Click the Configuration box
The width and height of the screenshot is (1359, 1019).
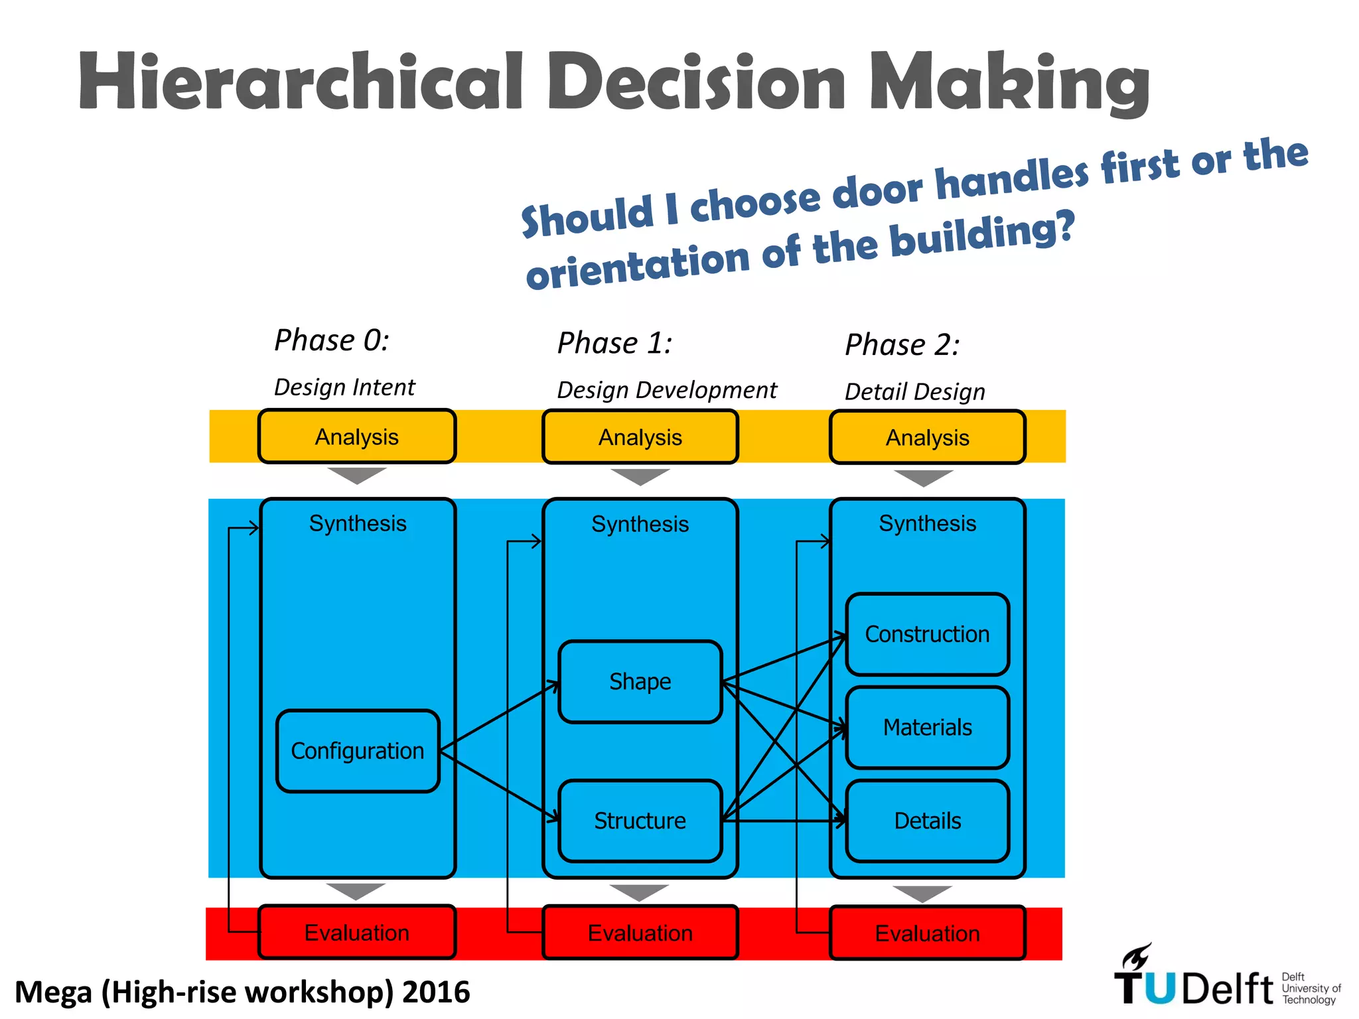[x=358, y=751]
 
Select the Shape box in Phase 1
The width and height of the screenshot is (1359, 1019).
[x=640, y=681]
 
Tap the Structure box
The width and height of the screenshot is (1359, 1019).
[x=640, y=821]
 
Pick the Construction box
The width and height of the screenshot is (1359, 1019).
[x=927, y=634]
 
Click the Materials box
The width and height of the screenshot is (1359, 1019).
[x=927, y=728]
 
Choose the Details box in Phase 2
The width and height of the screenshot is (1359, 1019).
[x=927, y=821]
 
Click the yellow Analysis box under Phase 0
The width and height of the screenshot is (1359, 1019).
[x=357, y=437]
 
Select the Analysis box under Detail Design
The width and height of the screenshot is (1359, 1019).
[x=927, y=437]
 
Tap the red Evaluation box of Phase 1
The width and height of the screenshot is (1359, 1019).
[x=640, y=933]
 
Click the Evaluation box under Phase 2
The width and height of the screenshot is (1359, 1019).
[x=927, y=933]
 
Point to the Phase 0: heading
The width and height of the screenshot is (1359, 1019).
[x=332, y=340]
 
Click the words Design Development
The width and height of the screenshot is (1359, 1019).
[x=667, y=390]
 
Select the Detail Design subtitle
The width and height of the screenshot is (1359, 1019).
[x=914, y=391]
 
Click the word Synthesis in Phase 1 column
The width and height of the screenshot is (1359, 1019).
[x=640, y=524]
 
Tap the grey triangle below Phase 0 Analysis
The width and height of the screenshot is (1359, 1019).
[x=357, y=475]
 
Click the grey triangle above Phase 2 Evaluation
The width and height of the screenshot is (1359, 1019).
[x=922, y=893]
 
